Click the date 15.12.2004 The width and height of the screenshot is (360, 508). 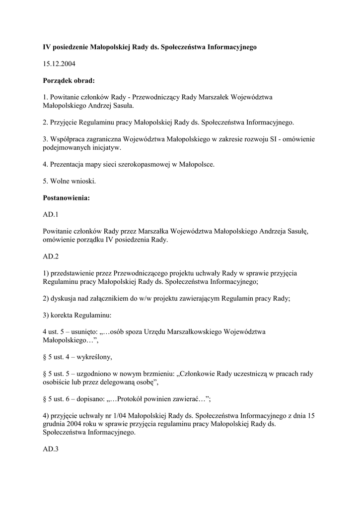59,63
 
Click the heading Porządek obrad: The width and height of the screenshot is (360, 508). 69,80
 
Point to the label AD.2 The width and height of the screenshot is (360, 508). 51,256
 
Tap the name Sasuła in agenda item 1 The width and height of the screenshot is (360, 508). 121,105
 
